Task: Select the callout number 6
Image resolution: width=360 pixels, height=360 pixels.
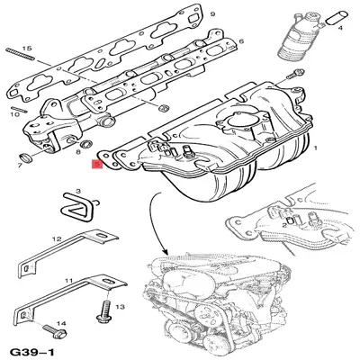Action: [x=240, y=42]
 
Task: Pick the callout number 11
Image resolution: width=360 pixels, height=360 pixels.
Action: [x=68, y=282]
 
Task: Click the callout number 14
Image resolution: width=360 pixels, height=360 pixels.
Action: [x=62, y=321]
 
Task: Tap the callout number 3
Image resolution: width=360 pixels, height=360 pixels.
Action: [x=78, y=192]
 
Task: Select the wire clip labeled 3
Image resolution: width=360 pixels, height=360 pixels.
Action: [x=75, y=210]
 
